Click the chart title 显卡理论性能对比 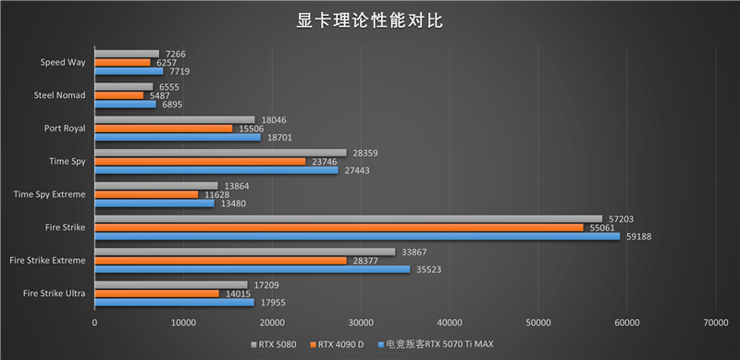[x=370, y=20]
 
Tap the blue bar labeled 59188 [x=357, y=236]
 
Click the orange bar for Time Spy [x=200, y=161]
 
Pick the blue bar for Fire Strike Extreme [x=252, y=269]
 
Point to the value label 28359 [x=364, y=152]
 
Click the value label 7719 [x=178, y=71]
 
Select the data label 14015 [x=236, y=293]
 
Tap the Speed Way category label [x=63, y=63]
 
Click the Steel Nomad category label [x=59, y=95]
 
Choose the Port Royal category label [x=65, y=129]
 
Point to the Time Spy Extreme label [x=50, y=194]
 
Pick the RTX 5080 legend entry [x=273, y=344]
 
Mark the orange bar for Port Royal [x=164, y=128]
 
